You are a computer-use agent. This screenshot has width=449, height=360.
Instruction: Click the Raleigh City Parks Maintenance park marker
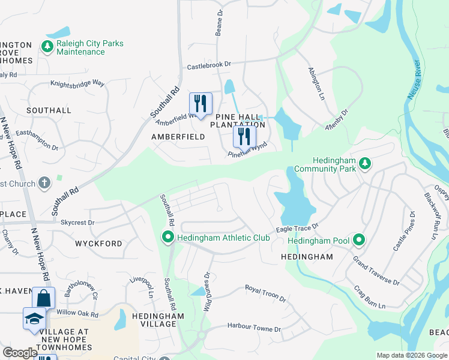click(47, 46)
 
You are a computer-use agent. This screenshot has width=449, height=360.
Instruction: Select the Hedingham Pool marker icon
click(359, 241)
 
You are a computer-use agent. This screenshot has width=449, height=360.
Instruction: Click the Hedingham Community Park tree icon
click(364, 163)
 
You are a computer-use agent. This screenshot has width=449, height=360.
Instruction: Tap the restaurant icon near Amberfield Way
click(200, 103)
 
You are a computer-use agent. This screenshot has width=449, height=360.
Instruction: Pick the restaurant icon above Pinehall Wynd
click(244, 136)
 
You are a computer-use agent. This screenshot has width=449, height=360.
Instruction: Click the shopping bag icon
click(44, 298)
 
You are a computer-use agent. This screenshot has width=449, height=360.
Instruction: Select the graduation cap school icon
click(34, 319)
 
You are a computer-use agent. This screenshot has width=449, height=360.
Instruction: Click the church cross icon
click(44, 182)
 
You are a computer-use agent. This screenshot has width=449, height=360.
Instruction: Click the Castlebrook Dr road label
click(209, 64)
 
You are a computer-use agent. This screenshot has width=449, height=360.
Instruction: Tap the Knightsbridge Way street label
click(77, 84)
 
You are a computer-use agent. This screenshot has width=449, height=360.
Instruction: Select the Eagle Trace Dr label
click(297, 229)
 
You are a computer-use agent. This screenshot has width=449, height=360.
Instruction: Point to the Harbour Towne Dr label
click(254, 329)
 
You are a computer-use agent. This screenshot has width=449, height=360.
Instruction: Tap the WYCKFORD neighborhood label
click(98, 244)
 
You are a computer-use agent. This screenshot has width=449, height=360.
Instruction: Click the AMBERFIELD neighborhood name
click(178, 137)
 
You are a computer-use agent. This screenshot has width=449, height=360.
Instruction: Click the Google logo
click(20, 352)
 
